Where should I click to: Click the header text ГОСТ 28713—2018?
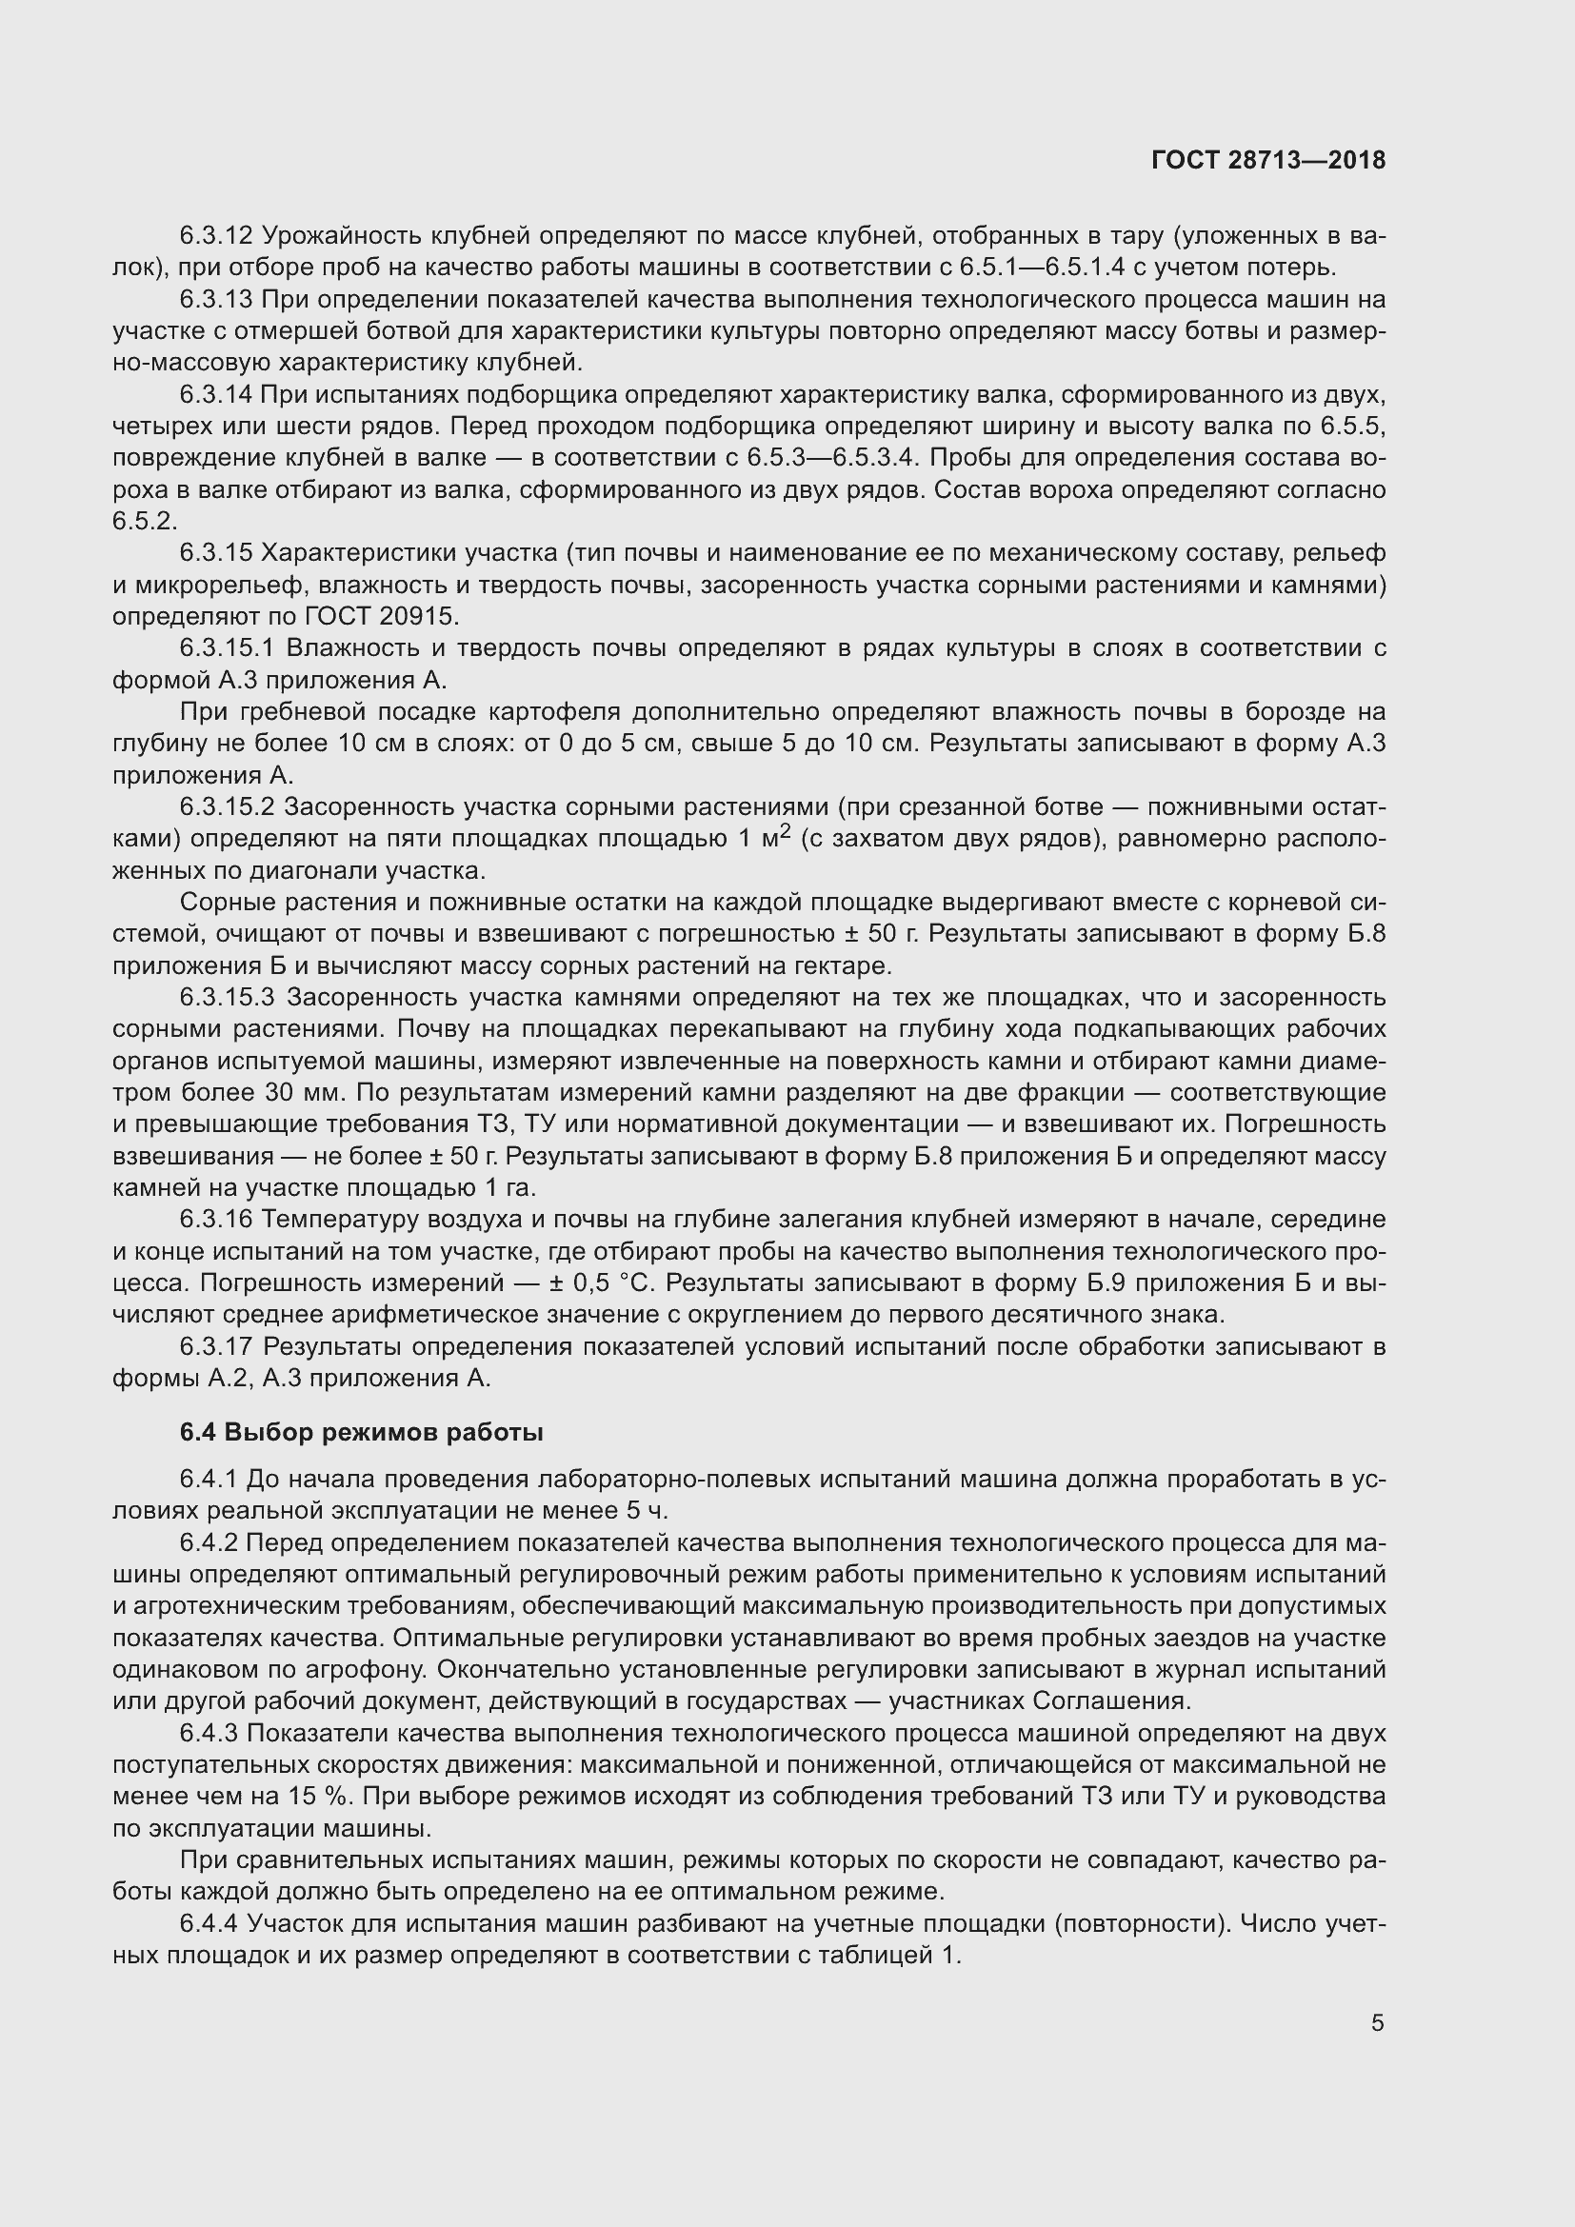point(1268,160)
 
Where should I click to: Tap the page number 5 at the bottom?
point(1377,2022)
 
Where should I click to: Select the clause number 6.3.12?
point(216,236)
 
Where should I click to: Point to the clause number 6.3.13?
point(216,300)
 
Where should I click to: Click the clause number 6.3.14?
point(216,395)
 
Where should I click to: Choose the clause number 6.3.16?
point(216,1220)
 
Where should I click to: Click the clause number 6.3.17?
point(216,1346)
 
